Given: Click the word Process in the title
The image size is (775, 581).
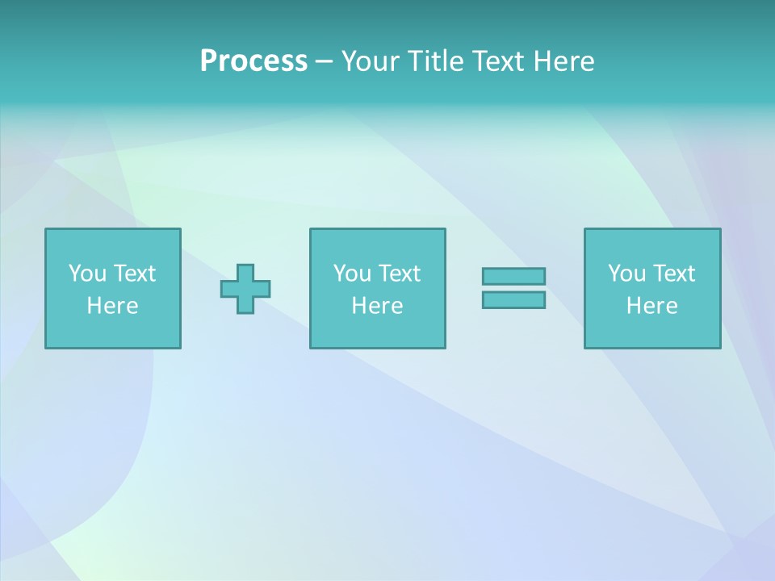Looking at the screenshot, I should tap(253, 61).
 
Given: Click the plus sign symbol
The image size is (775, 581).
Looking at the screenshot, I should tap(245, 289).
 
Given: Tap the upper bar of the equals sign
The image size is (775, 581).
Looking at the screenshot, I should tap(513, 277).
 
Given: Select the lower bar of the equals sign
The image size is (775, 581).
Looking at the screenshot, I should tap(513, 299).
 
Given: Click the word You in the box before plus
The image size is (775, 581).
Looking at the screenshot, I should tap(86, 274).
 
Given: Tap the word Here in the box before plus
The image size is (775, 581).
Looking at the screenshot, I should tap(112, 306).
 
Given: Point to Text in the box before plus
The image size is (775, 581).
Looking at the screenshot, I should tap(133, 274).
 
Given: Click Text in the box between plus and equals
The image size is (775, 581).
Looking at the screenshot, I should tap(398, 274).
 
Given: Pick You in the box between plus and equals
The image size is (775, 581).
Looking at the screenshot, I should tap(351, 274).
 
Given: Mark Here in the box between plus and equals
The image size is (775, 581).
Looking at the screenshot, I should tap(377, 306).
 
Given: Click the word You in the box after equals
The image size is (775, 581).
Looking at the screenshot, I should tap(626, 274).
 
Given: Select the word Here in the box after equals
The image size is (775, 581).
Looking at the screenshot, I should tap(651, 306).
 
